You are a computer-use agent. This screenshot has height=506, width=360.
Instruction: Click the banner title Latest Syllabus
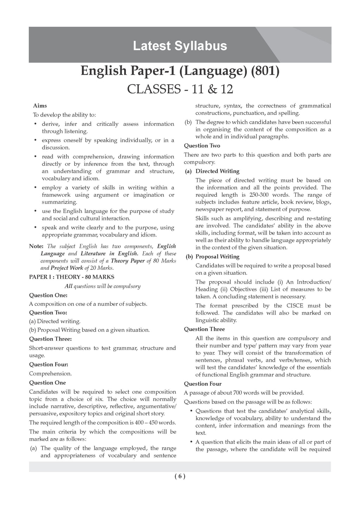(180, 46)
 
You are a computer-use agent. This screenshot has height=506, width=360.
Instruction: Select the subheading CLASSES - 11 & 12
(180, 89)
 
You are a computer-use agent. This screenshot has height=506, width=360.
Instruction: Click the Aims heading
(40, 105)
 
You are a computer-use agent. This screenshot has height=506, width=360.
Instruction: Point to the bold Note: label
(36, 246)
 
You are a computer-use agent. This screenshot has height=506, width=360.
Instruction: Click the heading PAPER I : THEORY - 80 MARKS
(72, 277)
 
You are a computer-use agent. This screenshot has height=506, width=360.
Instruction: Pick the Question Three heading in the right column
(204, 329)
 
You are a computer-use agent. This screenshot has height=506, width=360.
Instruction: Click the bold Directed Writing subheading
(217, 171)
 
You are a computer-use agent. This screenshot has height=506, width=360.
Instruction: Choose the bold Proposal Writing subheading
(217, 257)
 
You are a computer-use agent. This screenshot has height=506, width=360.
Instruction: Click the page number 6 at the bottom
(180, 476)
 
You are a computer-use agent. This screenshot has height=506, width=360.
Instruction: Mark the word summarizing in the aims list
(59, 202)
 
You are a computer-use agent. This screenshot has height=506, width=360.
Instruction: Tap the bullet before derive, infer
(36, 124)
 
